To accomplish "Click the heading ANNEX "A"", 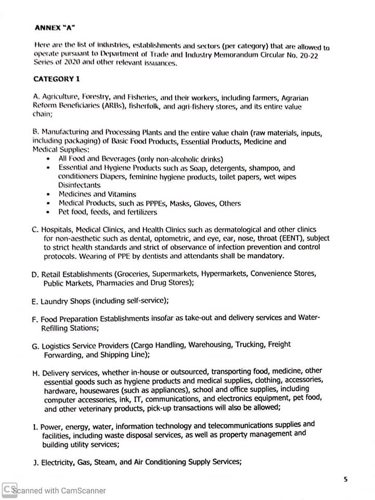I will (x=54, y=27).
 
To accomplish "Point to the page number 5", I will (x=345, y=479).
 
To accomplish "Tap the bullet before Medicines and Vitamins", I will (x=48, y=194).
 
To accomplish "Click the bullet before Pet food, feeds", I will (x=48, y=213).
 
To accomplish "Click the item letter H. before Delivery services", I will (x=36, y=373).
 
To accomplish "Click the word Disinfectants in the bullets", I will (x=79, y=185).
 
